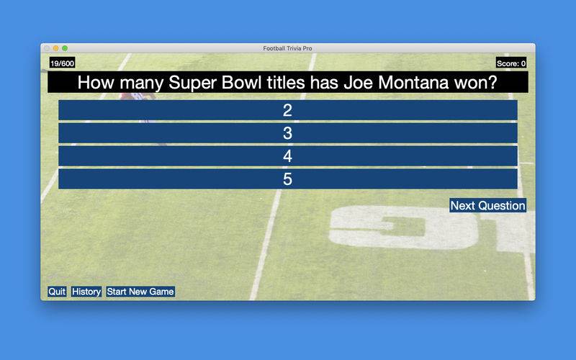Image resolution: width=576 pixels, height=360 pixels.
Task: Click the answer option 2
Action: click(287, 110)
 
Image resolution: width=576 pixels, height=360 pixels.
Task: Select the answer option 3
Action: click(287, 133)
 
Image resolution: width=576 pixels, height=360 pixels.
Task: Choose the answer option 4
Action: click(287, 156)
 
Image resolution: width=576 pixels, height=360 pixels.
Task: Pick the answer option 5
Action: click(287, 179)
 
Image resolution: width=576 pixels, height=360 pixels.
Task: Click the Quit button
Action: click(57, 292)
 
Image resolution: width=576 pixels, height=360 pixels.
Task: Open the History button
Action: click(86, 292)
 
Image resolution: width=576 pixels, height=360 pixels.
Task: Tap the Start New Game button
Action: click(140, 292)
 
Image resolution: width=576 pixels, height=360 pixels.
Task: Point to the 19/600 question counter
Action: click(62, 63)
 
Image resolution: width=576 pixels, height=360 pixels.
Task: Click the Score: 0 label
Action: click(511, 63)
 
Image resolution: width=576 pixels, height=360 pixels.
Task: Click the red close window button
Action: click(47, 48)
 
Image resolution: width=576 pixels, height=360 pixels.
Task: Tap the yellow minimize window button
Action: click(56, 48)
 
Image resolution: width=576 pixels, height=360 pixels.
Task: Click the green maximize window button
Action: click(65, 48)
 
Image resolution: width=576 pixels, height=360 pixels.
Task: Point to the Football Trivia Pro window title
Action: click(287, 48)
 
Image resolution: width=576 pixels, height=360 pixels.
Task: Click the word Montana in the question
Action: click(413, 82)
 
